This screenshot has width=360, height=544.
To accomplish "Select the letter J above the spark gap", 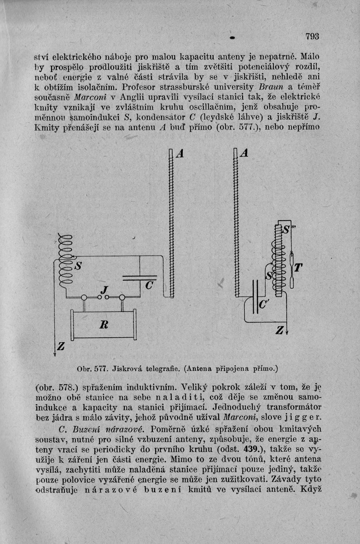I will coord(105,290).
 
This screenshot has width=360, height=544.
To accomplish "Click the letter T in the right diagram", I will coord(299,267).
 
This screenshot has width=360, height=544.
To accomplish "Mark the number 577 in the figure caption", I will coord(98,369).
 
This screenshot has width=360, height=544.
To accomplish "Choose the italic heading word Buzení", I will coord(65,430).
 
